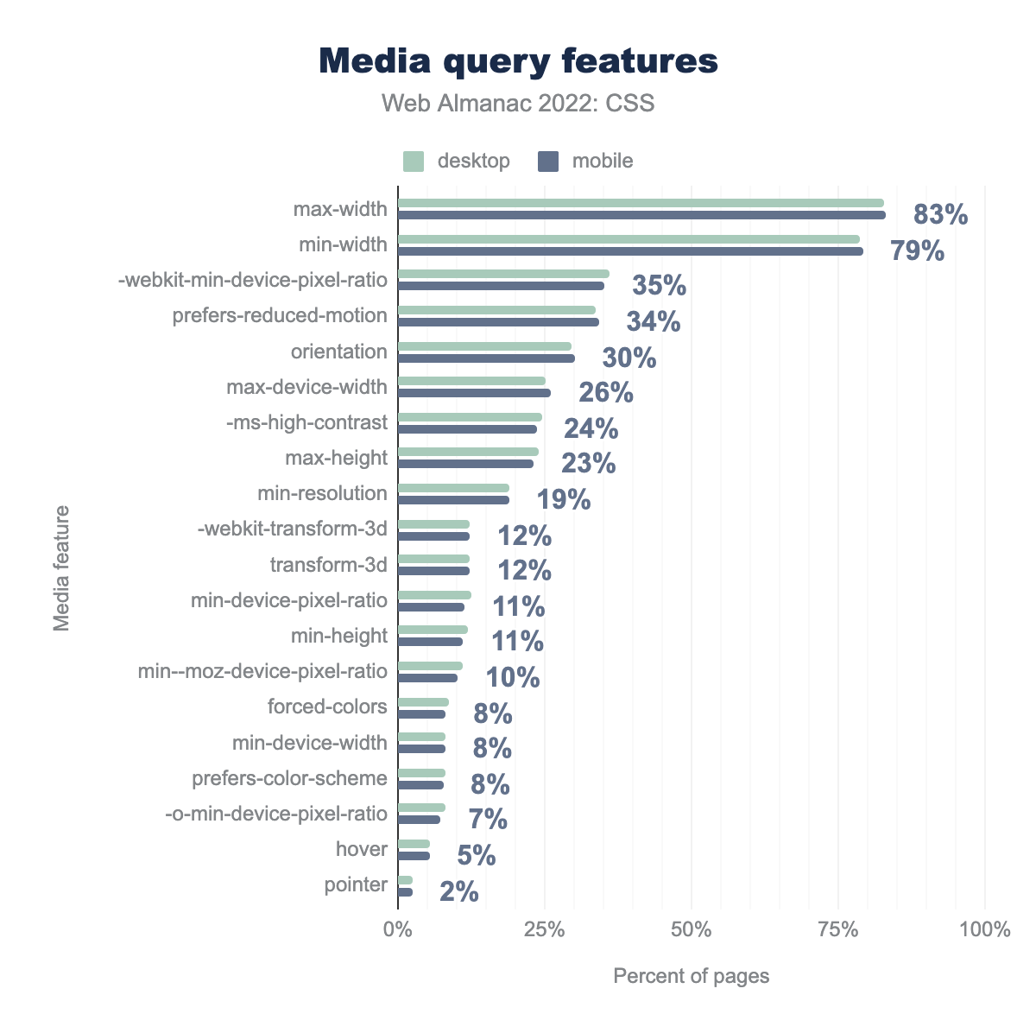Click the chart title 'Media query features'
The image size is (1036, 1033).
pyautogui.click(x=518, y=61)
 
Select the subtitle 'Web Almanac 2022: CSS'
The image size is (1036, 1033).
pyautogui.click(x=518, y=104)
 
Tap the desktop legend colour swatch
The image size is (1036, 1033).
pyautogui.click(x=414, y=162)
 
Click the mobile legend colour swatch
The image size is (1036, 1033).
pyautogui.click(x=548, y=162)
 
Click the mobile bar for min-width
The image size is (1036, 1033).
pyautogui.click(x=630, y=251)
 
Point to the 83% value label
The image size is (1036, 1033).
pyautogui.click(x=941, y=214)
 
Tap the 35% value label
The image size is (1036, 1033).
pyautogui.click(x=659, y=286)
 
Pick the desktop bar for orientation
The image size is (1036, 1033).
pyautogui.click(x=484, y=345)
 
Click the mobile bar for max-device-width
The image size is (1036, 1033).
pyautogui.click(x=474, y=393)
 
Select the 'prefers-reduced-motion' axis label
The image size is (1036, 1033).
pyautogui.click(x=280, y=315)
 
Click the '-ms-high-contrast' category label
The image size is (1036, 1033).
pyautogui.click(x=306, y=422)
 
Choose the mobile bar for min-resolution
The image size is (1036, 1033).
pyautogui.click(x=453, y=499)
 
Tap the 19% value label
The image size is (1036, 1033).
pyautogui.click(x=564, y=499)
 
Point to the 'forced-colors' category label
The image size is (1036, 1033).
pyautogui.click(x=327, y=707)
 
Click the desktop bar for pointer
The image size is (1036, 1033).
pyautogui.click(x=405, y=879)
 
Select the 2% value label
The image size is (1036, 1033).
pyautogui.click(x=459, y=891)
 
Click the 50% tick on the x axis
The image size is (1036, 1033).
pyautogui.click(x=692, y=930)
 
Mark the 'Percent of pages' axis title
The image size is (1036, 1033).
pyautogui.click(x=691, y=976)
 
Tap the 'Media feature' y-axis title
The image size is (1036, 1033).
pyautogui.click(x=62, y=568)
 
